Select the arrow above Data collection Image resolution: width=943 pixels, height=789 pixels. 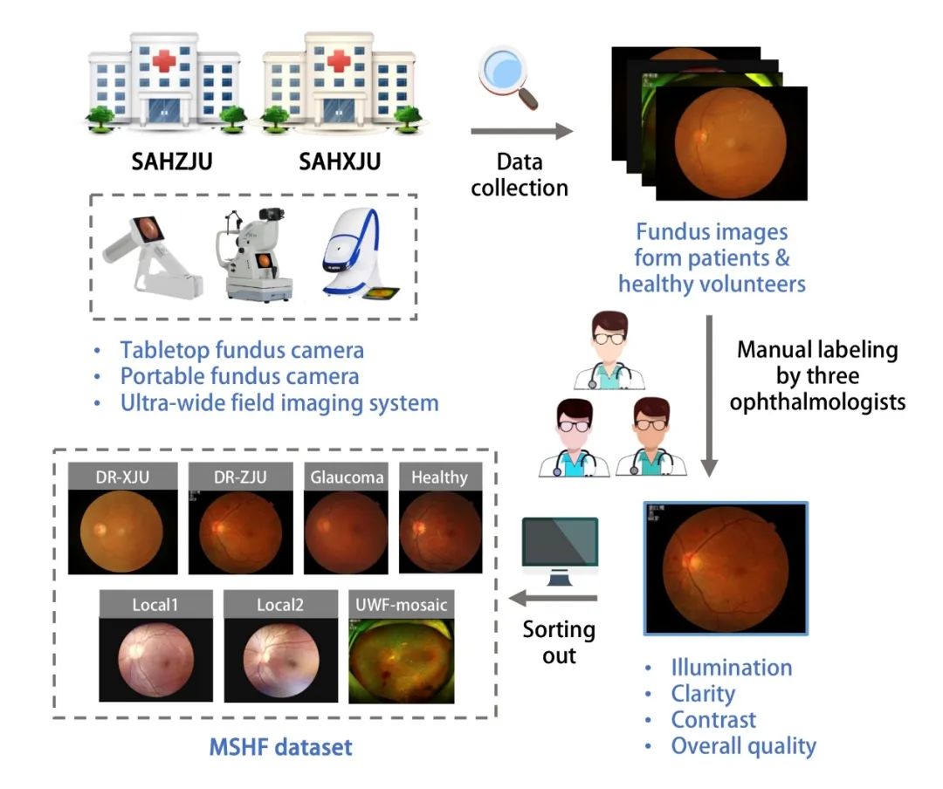(x=521, y=132)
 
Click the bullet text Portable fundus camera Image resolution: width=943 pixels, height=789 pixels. (x=239, y=376)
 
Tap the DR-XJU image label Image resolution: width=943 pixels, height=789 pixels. (x=123, y=477)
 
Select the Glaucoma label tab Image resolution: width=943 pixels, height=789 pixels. (x=347, y=477)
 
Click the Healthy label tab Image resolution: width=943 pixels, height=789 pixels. (x=439, y=477)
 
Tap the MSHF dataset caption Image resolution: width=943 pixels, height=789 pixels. (x=281, y=747)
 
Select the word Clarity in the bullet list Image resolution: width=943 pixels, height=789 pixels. (x=702, y=694)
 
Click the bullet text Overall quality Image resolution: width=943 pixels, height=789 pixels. (x=742, y=746)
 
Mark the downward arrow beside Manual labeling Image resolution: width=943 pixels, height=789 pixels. (x=710, y=394)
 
